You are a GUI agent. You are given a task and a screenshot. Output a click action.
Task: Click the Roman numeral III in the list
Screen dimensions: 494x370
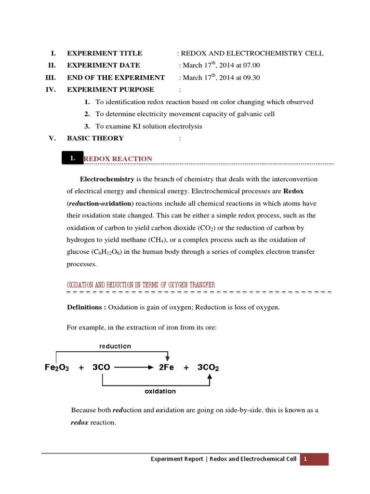pos(51,78)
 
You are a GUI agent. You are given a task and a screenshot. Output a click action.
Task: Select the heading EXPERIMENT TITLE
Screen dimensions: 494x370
pos(105,54)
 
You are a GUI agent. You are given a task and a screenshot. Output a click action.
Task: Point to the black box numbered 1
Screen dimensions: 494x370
pos(72,158)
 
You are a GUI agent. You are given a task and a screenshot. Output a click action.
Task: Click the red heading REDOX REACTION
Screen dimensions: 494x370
pos(118,159)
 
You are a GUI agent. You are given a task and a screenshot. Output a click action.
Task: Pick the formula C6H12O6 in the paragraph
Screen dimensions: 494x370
pos(106,252)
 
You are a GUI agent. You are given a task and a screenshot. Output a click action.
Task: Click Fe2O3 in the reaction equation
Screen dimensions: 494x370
pos(57,367)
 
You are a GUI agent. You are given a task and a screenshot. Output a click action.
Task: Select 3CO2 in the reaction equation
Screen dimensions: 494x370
pos(208,367)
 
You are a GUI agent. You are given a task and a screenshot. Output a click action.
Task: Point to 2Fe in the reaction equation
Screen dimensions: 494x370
pos(167,367)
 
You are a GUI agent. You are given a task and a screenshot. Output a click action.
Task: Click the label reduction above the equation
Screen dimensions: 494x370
pos(115,346)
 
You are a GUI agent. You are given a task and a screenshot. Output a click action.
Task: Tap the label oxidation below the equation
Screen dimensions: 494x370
pos(160,391)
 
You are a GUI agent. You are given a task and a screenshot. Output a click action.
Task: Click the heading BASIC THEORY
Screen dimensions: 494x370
pos(95,138)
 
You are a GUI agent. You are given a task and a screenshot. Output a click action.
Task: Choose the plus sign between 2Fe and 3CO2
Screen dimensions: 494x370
pos(186,367)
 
